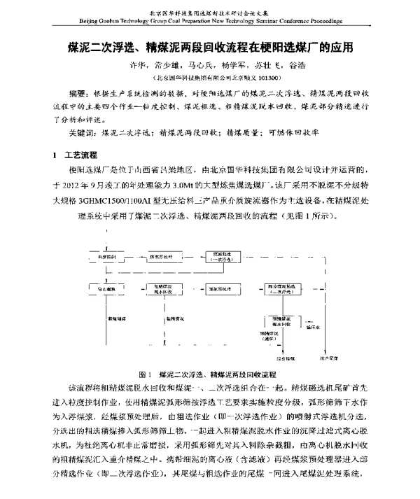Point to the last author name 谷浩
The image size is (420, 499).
point(297,68)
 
